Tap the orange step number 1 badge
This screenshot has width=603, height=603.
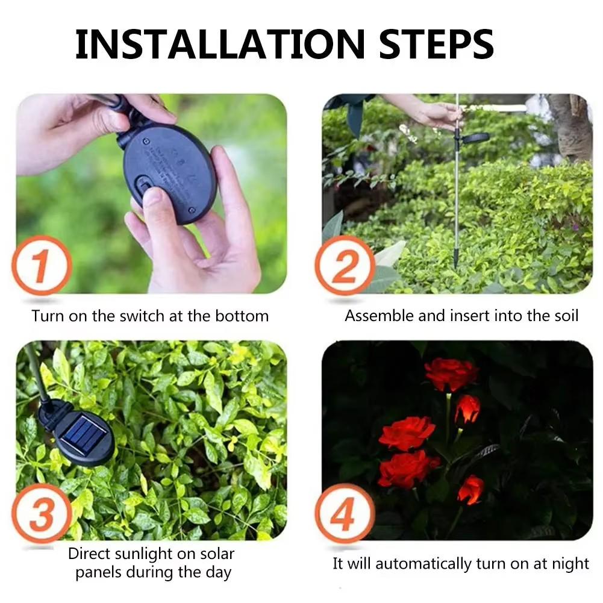42,266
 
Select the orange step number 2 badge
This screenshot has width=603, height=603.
345,266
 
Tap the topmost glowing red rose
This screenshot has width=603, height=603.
451,373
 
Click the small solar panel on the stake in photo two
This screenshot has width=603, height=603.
475,138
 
